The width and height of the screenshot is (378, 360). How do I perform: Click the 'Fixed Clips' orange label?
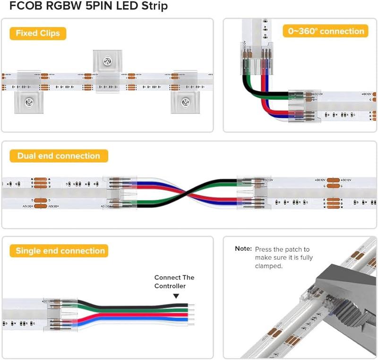38,33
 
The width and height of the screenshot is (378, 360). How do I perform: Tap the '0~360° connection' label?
326,31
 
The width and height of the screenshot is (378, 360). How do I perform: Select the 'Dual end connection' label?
59,156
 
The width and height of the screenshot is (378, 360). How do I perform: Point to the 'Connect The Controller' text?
174,281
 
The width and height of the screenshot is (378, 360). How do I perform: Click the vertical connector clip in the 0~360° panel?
255,49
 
